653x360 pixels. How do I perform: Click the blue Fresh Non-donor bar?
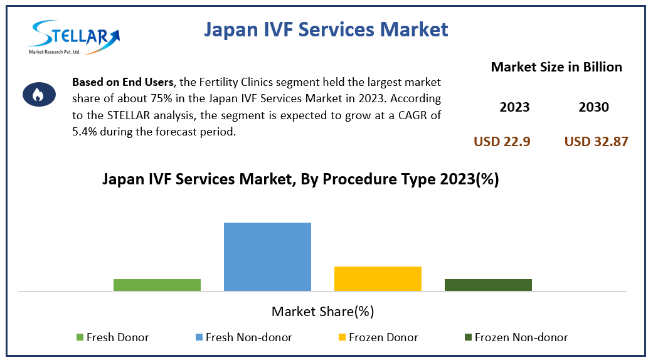point(267,257)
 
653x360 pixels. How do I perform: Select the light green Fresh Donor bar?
point(157,285)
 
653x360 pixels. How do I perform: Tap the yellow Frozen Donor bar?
point(378,278)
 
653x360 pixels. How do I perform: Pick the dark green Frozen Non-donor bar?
point(488,285)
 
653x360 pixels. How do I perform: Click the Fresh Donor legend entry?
point(112,337)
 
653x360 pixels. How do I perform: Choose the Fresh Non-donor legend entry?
point(243,337)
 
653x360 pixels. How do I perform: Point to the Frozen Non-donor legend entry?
point(516,337)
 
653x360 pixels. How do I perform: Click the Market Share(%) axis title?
point(322,311)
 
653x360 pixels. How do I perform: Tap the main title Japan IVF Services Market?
point(326,29)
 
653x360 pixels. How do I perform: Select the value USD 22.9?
point(502,142)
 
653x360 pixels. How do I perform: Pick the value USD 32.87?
point(596,142)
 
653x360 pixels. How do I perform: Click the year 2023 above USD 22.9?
point(514,107)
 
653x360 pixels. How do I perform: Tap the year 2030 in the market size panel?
point(593,107)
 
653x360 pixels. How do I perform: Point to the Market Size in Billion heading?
point(556,67)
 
